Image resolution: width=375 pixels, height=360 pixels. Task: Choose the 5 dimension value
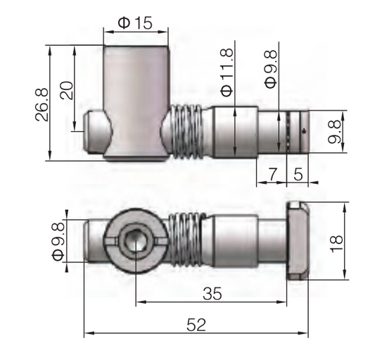coord(298,173)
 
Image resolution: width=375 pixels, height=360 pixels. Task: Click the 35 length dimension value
coord(210,294)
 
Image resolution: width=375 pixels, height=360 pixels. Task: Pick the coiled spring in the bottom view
coord(187,241)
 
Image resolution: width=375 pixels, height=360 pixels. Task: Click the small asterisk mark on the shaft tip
coord(303,131)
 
